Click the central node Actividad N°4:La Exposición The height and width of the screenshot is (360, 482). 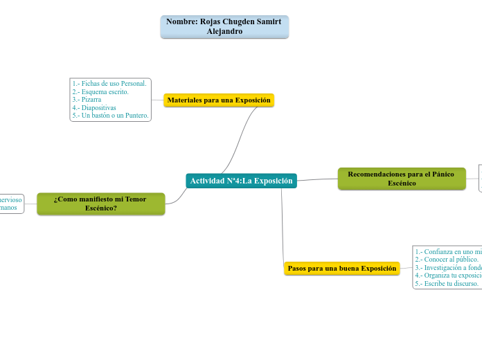pyautogui.click(x=241, y=181)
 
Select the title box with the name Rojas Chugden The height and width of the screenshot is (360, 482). pyautogui.click(x=224, y=27)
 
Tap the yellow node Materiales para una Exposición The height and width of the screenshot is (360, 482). pyautogui.click(x=219, y=100)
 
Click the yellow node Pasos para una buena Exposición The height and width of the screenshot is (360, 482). pyautogui.click(x=341, y=268)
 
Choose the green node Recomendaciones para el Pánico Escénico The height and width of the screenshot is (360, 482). pyautogui.click(x=401, y=179)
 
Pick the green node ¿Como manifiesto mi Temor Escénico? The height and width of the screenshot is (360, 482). pyautogui.click(x=100, y=204)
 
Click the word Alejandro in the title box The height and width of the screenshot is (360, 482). pyautogui.click(x=224, y=32)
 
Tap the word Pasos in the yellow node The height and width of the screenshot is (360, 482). pyautogui.click(x=297, y=268)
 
